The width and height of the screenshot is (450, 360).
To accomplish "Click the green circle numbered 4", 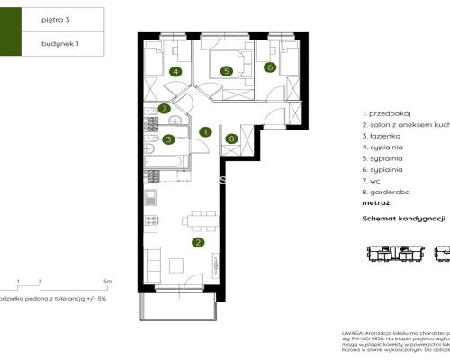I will click(x=175, y=71).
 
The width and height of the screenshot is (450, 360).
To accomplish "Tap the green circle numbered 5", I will click(x=228, y=71).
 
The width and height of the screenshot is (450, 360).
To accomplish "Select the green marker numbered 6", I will click(x=269, y=67).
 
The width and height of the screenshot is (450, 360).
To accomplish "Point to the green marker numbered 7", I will click(x=164, y=109).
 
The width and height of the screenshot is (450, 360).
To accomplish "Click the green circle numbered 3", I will click(x=168, y=139).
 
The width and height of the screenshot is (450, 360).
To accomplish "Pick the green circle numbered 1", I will click(x=205, y=131).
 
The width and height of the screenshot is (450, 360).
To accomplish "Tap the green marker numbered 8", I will click(x=232, y=139).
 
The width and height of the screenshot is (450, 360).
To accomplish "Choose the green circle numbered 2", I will click(x=198, y=241).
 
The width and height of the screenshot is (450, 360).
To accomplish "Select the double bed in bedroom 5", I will click(x=225, y=61).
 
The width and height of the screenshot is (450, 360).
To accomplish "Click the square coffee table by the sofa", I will click(x=176, y=266).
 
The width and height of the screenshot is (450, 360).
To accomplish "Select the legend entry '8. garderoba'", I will click(x=385, y=193).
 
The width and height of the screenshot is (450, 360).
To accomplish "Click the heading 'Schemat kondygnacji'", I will click(x=404, y=219).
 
